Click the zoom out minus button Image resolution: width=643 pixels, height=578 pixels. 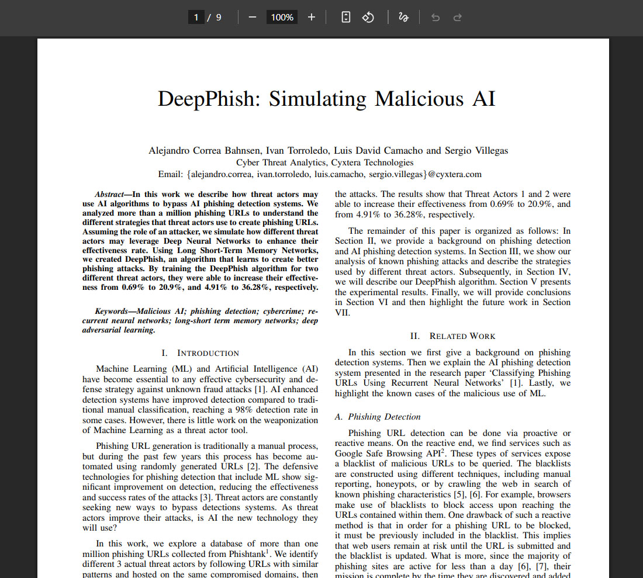point(253,18)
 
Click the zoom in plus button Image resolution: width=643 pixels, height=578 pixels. point(312,18)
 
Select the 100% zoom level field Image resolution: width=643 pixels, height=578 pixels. point(282,18)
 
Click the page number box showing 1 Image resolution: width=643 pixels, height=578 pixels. point(196,18)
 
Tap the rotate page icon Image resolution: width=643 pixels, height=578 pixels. point(368,18)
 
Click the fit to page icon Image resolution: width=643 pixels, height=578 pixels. point(346,18)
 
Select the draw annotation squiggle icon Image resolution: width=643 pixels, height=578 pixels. point(403,18)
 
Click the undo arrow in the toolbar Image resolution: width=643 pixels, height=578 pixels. point(435,18)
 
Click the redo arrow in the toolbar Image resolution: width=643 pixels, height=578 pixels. point(458,18)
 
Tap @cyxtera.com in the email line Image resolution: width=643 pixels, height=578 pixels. point(455,174)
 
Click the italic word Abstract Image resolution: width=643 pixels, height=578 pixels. point(109,195)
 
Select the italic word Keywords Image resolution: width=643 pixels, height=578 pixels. point(113,312)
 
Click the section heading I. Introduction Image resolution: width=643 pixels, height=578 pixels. point(200,353)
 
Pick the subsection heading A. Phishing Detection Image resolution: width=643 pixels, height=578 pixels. point(378,417)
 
